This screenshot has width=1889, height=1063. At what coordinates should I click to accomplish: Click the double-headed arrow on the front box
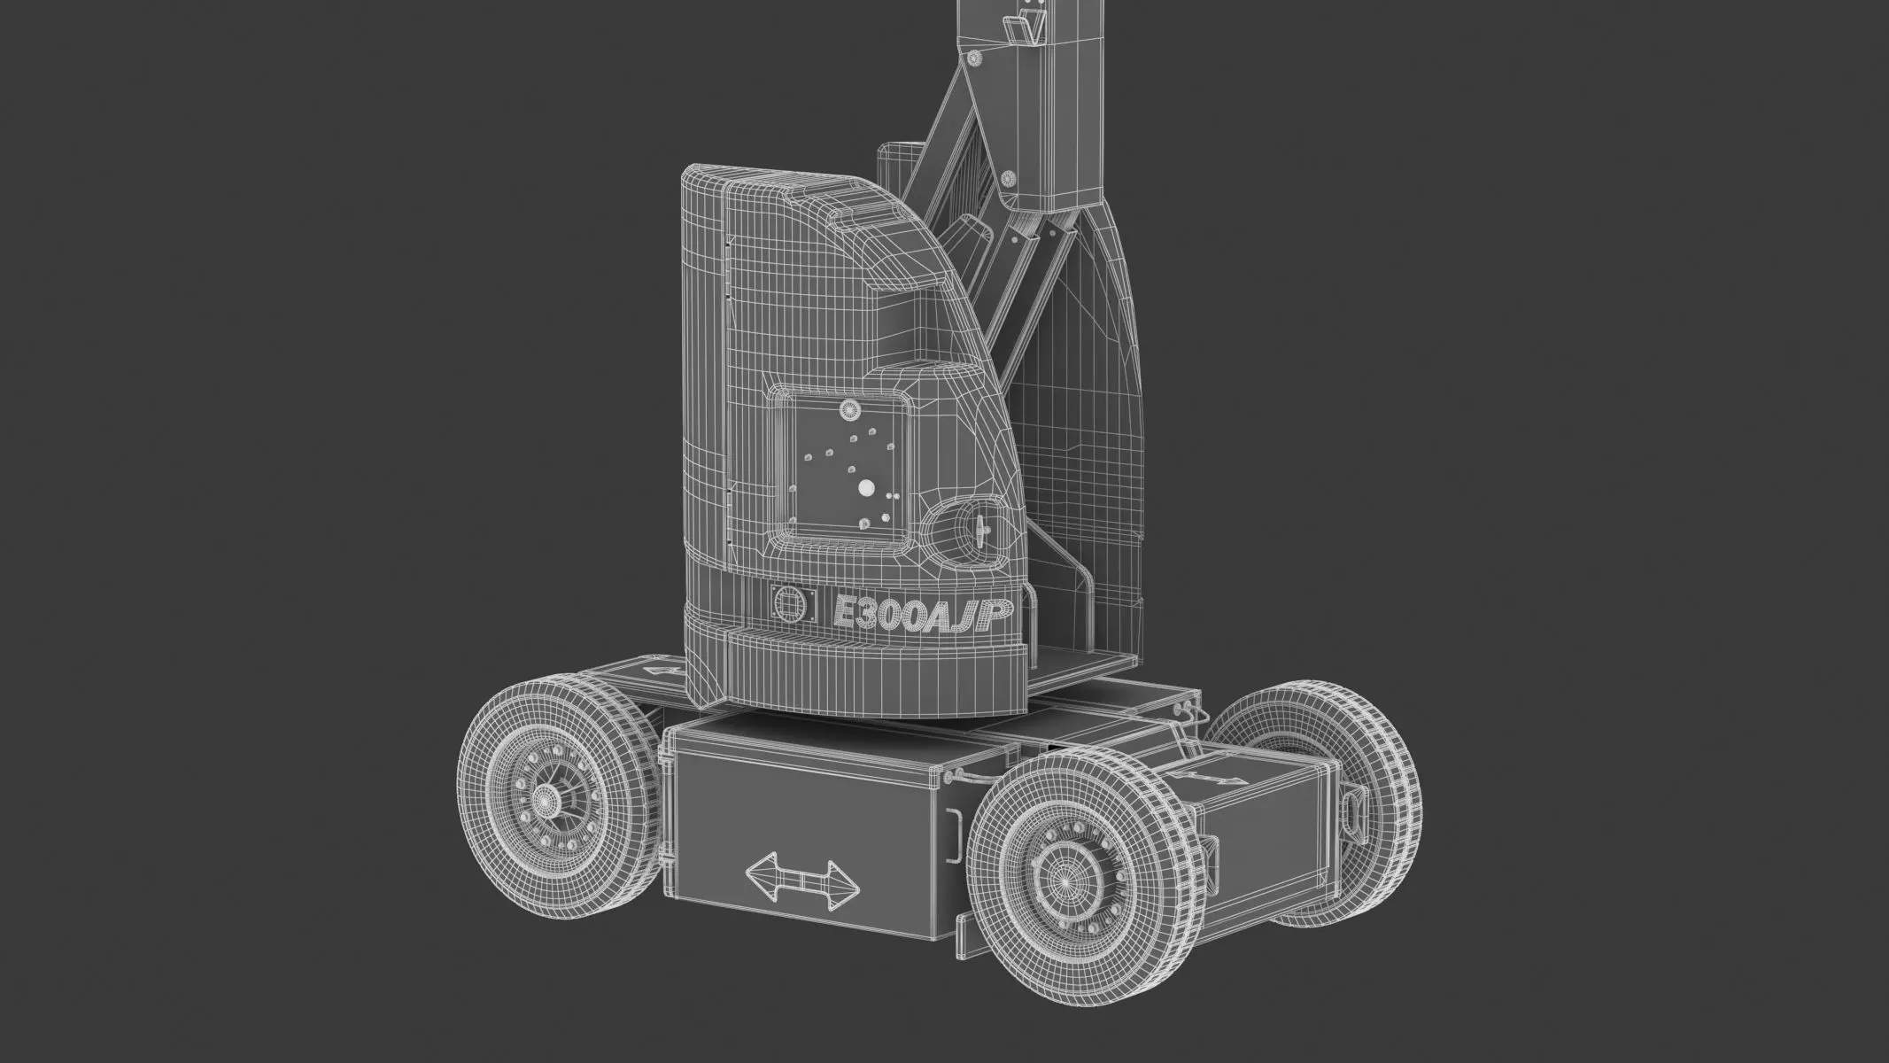801,882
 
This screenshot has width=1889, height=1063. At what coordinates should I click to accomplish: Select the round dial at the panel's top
850,410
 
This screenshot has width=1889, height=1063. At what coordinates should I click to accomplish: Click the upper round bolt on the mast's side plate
975,58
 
